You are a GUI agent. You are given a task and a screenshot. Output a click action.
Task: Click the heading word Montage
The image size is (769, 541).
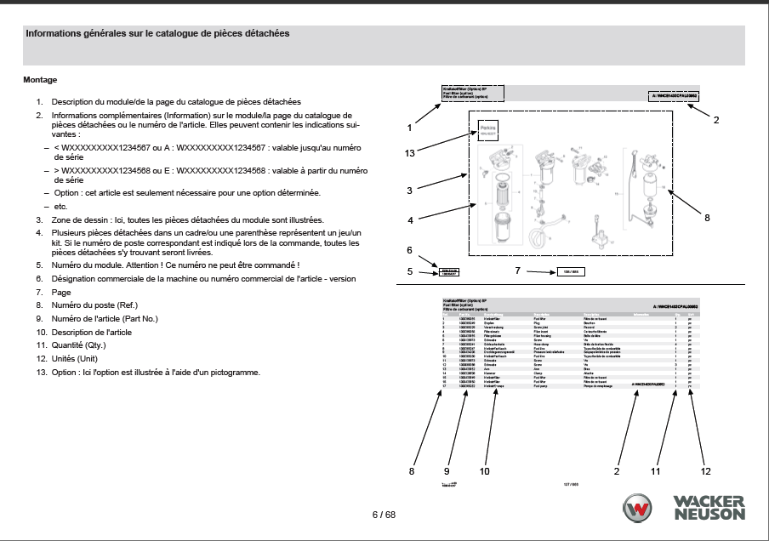[x=40, y=80]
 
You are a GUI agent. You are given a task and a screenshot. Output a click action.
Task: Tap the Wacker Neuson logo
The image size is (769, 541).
[x=684, y=507]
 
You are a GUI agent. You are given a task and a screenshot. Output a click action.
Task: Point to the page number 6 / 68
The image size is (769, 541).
[x=384, y=515]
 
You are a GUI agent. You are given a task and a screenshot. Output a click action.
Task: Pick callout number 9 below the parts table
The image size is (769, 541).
[x=447, y=470]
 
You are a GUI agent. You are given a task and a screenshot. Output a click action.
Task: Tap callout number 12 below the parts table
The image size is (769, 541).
[x=705, y=470]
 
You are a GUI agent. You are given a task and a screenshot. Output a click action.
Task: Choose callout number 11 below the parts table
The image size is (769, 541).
[x=656, y=470]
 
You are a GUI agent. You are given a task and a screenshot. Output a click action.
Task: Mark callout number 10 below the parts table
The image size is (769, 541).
[x=485, y=470]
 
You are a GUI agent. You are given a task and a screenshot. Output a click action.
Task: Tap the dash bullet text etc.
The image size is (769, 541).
[x=60, y=207]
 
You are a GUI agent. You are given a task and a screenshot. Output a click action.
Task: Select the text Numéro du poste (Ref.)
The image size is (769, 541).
[x=94, y=305]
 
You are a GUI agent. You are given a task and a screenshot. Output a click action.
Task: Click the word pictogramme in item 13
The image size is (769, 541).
[x=236, y=373]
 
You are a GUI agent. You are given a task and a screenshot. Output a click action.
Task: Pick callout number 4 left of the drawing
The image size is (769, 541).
[x=410, y=220]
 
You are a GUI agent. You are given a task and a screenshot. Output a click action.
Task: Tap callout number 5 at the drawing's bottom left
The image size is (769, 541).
[x=410, y=272]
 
